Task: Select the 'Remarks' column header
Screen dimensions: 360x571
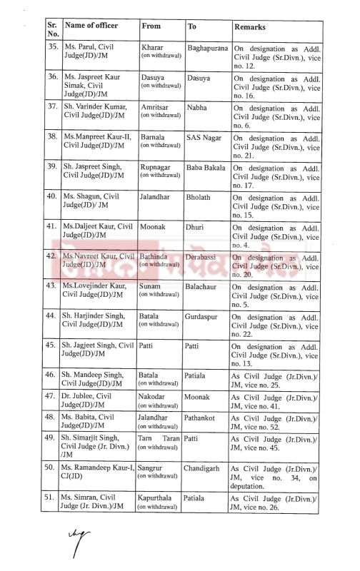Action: [249, 27]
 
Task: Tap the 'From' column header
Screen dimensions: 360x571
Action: [151, 26]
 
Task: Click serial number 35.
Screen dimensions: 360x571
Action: [51, 48]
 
